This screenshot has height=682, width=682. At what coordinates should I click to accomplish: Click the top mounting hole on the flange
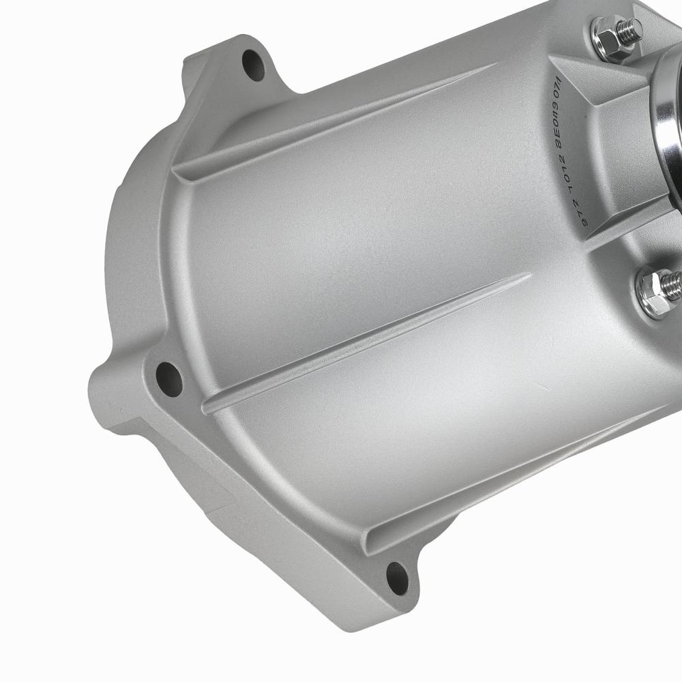(x=254, y=65)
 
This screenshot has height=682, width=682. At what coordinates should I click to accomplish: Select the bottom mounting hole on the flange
(x=398, y=577)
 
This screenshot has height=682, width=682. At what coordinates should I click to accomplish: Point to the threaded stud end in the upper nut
(x=630, y=29)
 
